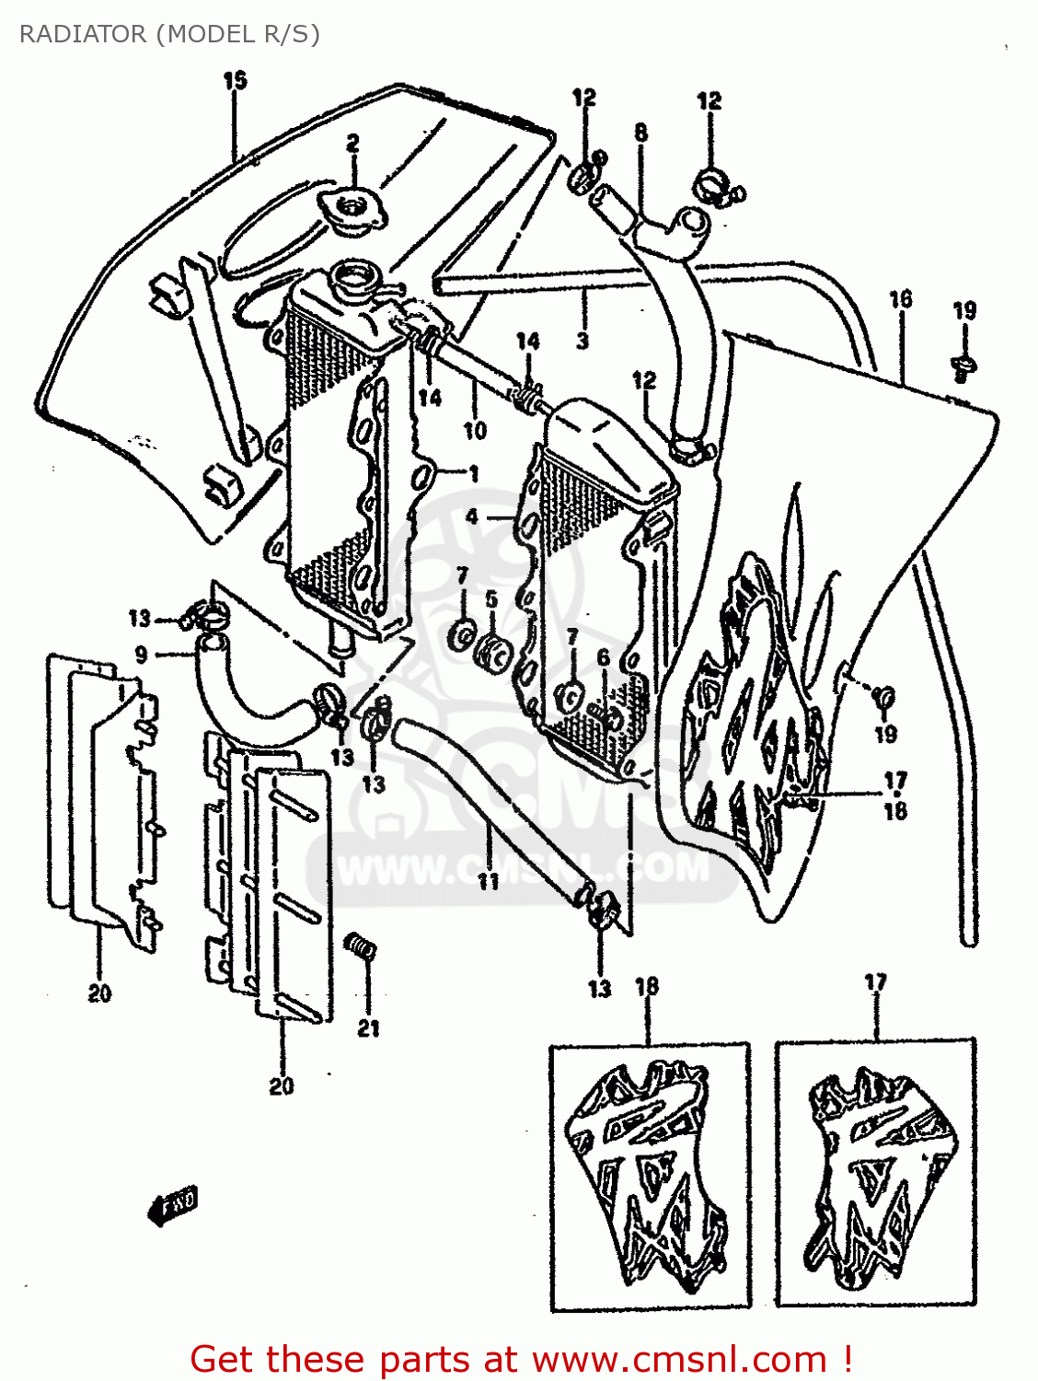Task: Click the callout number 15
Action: (235, 81)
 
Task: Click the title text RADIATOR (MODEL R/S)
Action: (169, 34)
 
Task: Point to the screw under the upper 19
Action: (963, 366)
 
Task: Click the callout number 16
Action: (900, 299)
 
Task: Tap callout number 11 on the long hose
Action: (488, 881)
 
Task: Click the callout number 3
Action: (582, 342)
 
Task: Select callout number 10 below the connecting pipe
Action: (474, 430)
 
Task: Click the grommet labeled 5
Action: (494, 653)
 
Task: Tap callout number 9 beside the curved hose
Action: (141, 655)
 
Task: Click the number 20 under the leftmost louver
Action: (99, 993)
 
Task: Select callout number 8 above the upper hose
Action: (640, 133)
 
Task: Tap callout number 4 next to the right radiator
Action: (472, 516)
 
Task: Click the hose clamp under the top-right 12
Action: (714, 184)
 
